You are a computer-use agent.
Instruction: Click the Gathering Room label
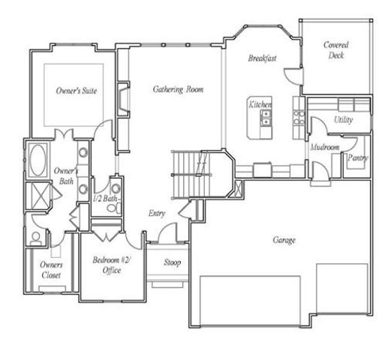coord(177,89)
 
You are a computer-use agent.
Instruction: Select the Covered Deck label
coord(335,50)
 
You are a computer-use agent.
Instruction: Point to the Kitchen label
coord(260,105)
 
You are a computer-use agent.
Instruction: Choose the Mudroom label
coord(325,148)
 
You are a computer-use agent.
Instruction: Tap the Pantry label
coord(356,157)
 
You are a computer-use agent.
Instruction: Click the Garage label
coord(284,240)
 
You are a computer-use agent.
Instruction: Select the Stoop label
coord(172,262)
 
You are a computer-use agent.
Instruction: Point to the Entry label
coord(156,214)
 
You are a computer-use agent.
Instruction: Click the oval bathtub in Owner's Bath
coord(38,160)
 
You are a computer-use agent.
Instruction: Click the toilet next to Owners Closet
coord(36,238)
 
